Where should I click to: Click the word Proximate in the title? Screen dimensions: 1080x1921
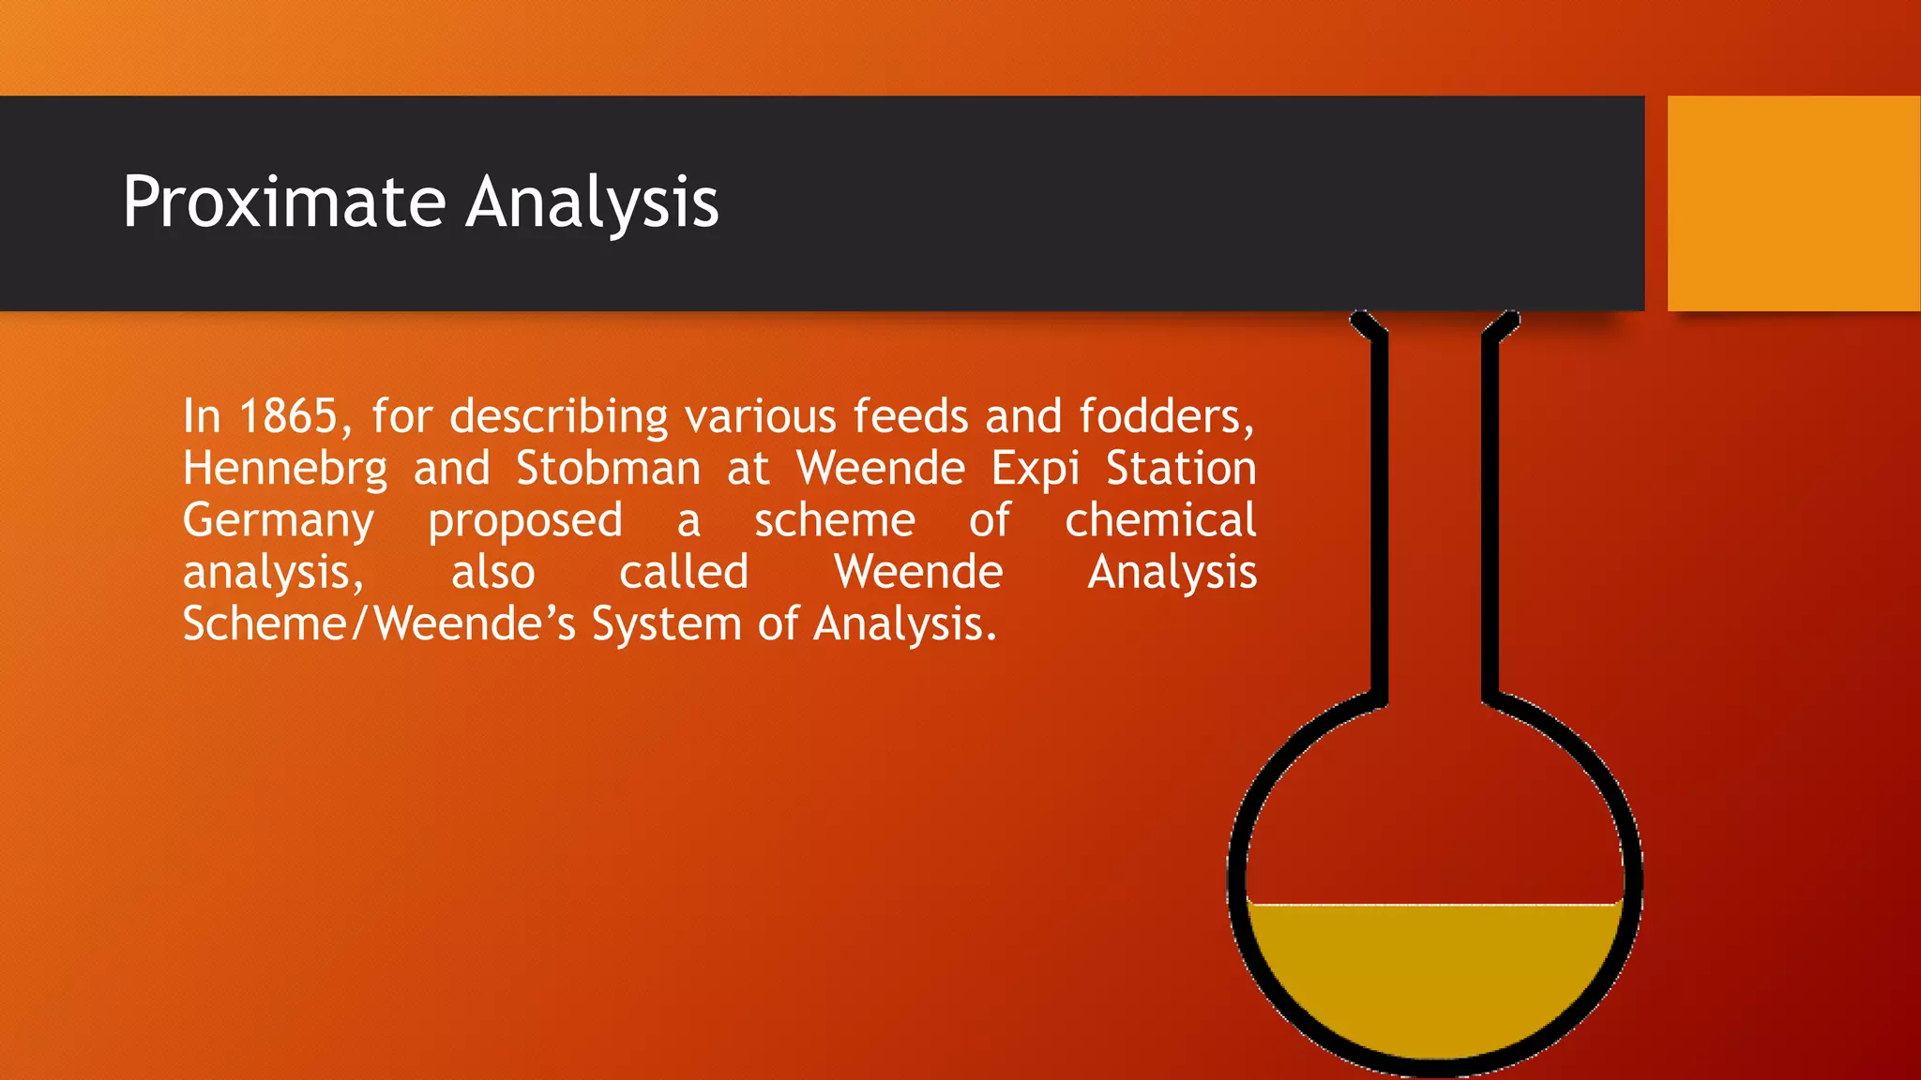pos(284,202)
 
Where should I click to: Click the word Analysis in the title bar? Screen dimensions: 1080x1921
pos(593,202)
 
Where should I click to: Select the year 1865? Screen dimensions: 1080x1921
pos(288,416)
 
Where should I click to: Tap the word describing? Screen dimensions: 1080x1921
pos(559,416)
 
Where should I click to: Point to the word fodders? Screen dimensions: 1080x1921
pos(1166,416)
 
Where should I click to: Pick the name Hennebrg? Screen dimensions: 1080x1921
pos(285,469)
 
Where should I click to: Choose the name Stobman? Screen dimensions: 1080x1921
pos(609,469)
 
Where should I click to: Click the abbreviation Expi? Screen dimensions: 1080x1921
pos(1036,469)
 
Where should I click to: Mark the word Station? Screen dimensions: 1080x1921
pos(1181,469)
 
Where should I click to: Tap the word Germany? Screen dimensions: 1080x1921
pos(279,521)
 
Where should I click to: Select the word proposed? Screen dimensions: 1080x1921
pos(525,521)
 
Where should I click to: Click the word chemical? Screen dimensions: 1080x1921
pos(1160,520)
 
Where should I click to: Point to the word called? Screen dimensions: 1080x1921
pos(684,572)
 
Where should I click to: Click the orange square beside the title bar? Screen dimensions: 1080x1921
pos(1793,203)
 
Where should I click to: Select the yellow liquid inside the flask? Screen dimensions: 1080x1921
pos(1435,975)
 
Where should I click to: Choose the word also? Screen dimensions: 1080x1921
pos(493,572)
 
